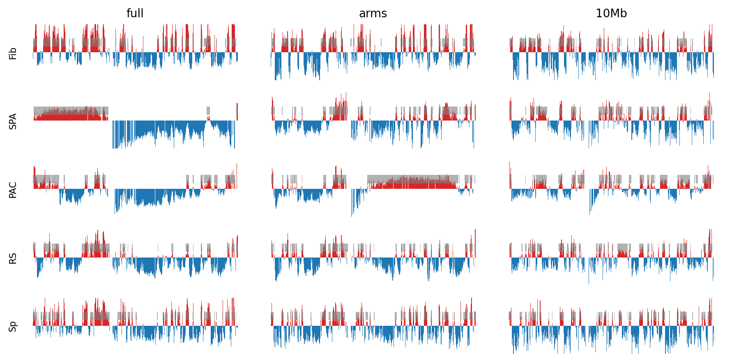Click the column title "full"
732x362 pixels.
[x=135, y=14]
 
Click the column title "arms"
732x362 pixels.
[x=373, y=14]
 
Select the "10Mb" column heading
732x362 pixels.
[x=611, y=14]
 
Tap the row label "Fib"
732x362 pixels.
[x=13, y=53]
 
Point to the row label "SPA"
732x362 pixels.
[x=13, y=121]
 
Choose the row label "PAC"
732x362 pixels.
[x=13, y=190]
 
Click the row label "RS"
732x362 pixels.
[x=13, y=258]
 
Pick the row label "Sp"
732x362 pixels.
[x=13, y=327]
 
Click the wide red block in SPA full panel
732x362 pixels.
[x=70, y=116]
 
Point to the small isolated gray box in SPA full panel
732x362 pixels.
[x=208, y=110]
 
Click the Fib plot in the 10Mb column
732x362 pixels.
[x=611, y=52]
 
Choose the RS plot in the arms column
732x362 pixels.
[x=373, y=257]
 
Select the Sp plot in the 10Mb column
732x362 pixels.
[x=611, y=326]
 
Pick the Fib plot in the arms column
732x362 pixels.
[x=373, y=52]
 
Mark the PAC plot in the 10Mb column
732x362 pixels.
[x=611, y=189]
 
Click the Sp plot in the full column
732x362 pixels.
[x=135, y=326]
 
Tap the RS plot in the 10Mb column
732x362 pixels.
[x=611, y=257]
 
